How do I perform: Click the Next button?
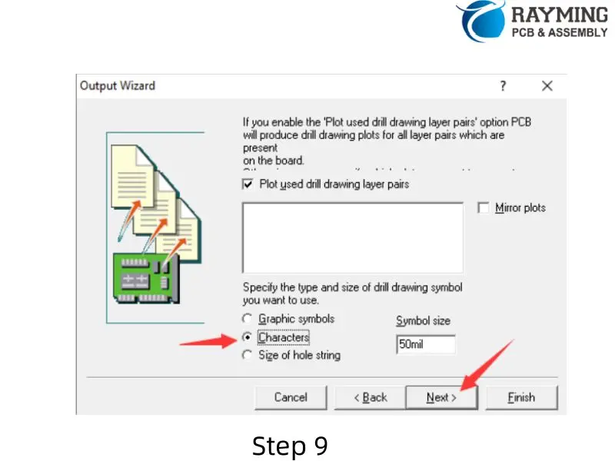441,397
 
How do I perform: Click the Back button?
370,397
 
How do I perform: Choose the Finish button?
520,397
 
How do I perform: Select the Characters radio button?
247,337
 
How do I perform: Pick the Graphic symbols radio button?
247,319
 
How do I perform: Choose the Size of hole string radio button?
247,356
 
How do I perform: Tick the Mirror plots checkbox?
484,208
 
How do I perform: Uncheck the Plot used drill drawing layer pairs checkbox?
248,184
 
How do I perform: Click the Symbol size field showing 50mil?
426,345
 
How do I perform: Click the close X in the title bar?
547,86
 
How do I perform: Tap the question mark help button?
503,86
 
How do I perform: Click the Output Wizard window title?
118,85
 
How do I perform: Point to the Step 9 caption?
290,446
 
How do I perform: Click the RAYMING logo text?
559,15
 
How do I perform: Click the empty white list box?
352,237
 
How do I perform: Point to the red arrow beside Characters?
208,341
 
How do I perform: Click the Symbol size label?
423,320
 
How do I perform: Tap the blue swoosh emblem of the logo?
480,19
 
